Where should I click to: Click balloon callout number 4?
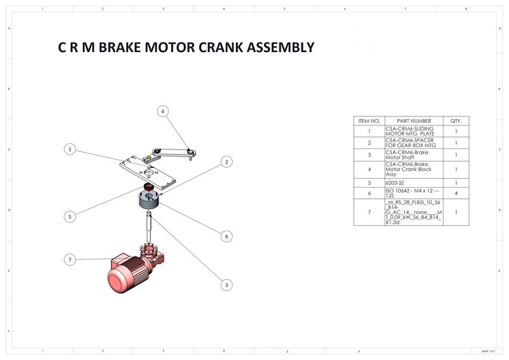point(163,111)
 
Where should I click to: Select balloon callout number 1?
point(71,149)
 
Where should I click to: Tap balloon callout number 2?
point(226,162)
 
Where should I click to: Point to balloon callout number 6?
point(226,236)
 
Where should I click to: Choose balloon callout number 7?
point(71,259)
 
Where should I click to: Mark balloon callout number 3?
point(226,284)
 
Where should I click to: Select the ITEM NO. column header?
point(369,121)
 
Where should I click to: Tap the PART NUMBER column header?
point(414,121)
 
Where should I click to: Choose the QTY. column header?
point(456,121)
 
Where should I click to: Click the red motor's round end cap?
point(118,279)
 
